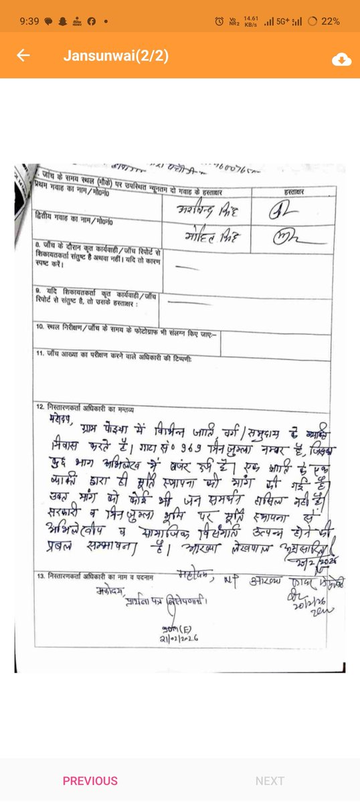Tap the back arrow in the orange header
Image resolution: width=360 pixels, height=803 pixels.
[24, 56]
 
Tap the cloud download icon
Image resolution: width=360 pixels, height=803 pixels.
[341, 59]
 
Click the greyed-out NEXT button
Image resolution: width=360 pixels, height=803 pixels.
[270, 781]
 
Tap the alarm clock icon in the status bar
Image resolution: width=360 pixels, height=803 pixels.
[219, 21]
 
